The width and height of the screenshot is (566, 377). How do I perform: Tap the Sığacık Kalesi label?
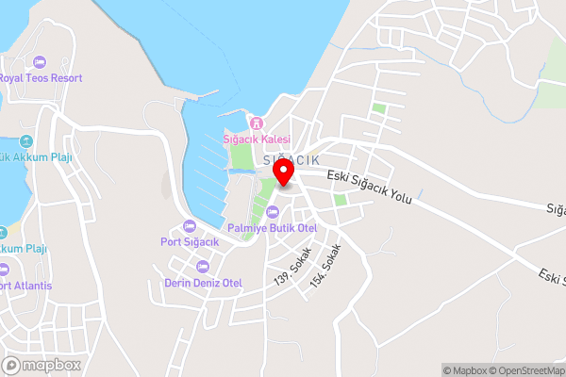(257, 139)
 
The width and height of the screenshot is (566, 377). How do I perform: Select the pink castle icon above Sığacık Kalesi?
(255, 123)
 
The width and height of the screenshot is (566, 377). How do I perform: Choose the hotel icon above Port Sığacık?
(190, 225)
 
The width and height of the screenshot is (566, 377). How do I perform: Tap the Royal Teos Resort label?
(40, 78)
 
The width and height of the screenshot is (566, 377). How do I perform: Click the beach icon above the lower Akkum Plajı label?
(3, 232)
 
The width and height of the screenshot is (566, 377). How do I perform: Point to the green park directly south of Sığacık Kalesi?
(242, 156)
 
